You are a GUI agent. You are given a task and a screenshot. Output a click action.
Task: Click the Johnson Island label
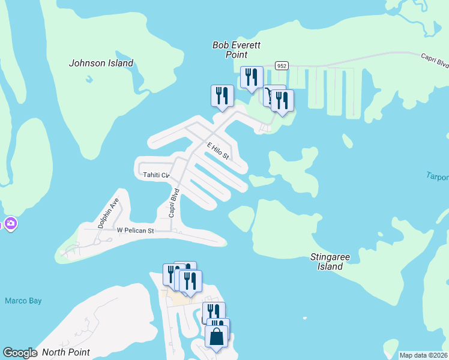pyautogui.click(x=101, y=63)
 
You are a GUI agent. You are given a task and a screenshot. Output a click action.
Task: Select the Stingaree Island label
pyautogui.click(x=330, y=262)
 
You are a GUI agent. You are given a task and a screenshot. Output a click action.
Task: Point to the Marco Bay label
pyautogui.click(x=23, y=301)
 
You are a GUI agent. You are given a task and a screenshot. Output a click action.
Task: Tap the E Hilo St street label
pyautogui.click(x=218, y=151)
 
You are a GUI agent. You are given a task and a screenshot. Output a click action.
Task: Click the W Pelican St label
pyautogui.click(x=135, y=230)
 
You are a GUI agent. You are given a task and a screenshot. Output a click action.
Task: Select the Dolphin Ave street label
pyautogui.click(x=109, y=212)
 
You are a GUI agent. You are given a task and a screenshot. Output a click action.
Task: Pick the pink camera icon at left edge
pyautogui.click(x=10, y=224)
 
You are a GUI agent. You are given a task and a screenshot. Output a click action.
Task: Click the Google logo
pyautogui.click(x=19, y=353)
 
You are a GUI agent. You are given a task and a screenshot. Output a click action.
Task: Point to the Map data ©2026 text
pyautogui.click(x=423, y=355)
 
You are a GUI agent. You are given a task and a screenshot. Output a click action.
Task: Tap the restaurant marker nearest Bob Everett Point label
pyautogui.click(x=252, y=77)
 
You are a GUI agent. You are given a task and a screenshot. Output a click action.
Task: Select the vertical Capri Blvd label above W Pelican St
pyautogui.click(x=173, y=203)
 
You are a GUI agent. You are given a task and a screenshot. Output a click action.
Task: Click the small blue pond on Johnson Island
pyautogui.click(x=89, y=79)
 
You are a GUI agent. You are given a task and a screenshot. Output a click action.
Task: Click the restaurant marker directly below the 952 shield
pyautogui.click(x=282, y=100)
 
